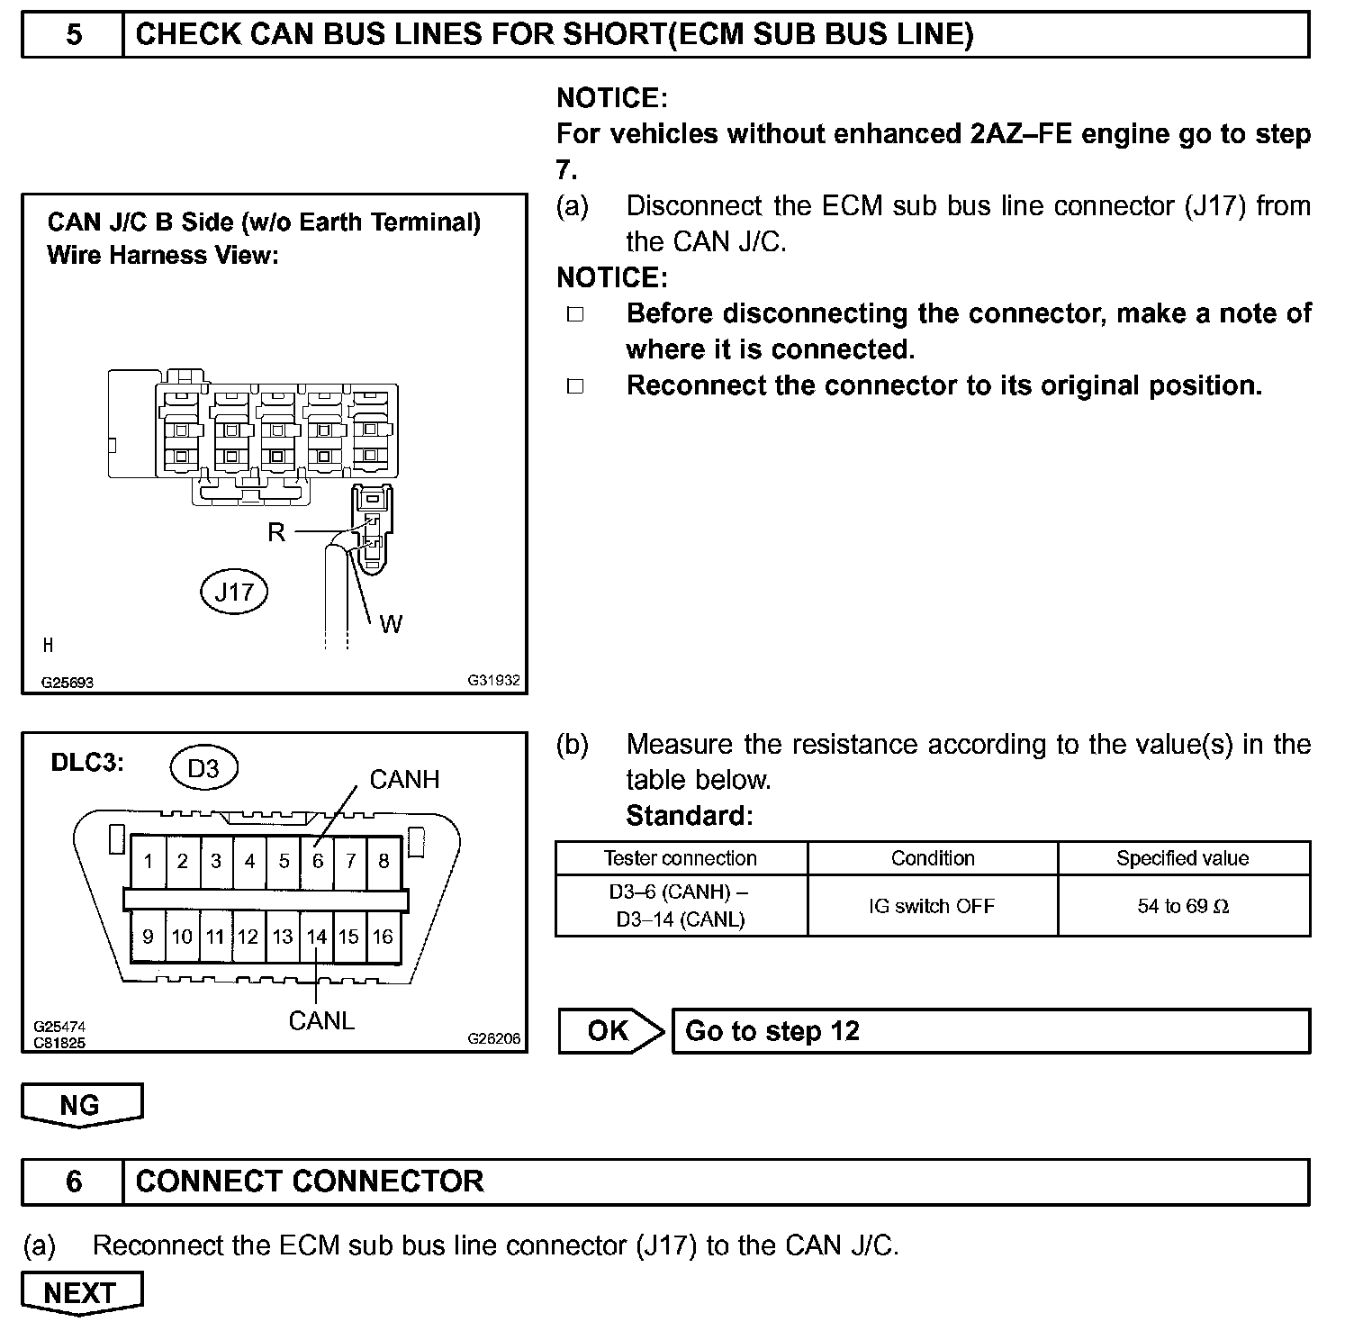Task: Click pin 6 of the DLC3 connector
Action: tap(318, 861)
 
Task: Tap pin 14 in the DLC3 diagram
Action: tap(316, 937)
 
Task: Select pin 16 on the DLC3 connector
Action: tap(384, 937)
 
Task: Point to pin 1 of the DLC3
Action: tap(149, 861)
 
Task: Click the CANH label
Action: tap(404, 779)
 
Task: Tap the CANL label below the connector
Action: tap(321, 1020)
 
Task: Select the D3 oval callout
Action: tap(203, 768)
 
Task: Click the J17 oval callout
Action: tap(234, 592)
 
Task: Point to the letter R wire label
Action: tap(276, 532)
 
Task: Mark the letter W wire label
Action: tap(391, 623)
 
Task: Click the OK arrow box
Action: tap(610, 1031)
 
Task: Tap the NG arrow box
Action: tap(81, 1105)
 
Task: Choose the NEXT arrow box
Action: tap(81, 1293)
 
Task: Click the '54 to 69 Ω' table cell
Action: tap(1183, 906)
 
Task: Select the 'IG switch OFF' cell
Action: tap(932, 906)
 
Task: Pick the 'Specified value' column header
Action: tap(1183, 858)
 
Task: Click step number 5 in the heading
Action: tap(74, 34)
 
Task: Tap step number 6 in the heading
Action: tap(74, 1182)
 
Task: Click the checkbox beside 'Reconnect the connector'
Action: tap(575, 386)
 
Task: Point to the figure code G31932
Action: tap(493, 681)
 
